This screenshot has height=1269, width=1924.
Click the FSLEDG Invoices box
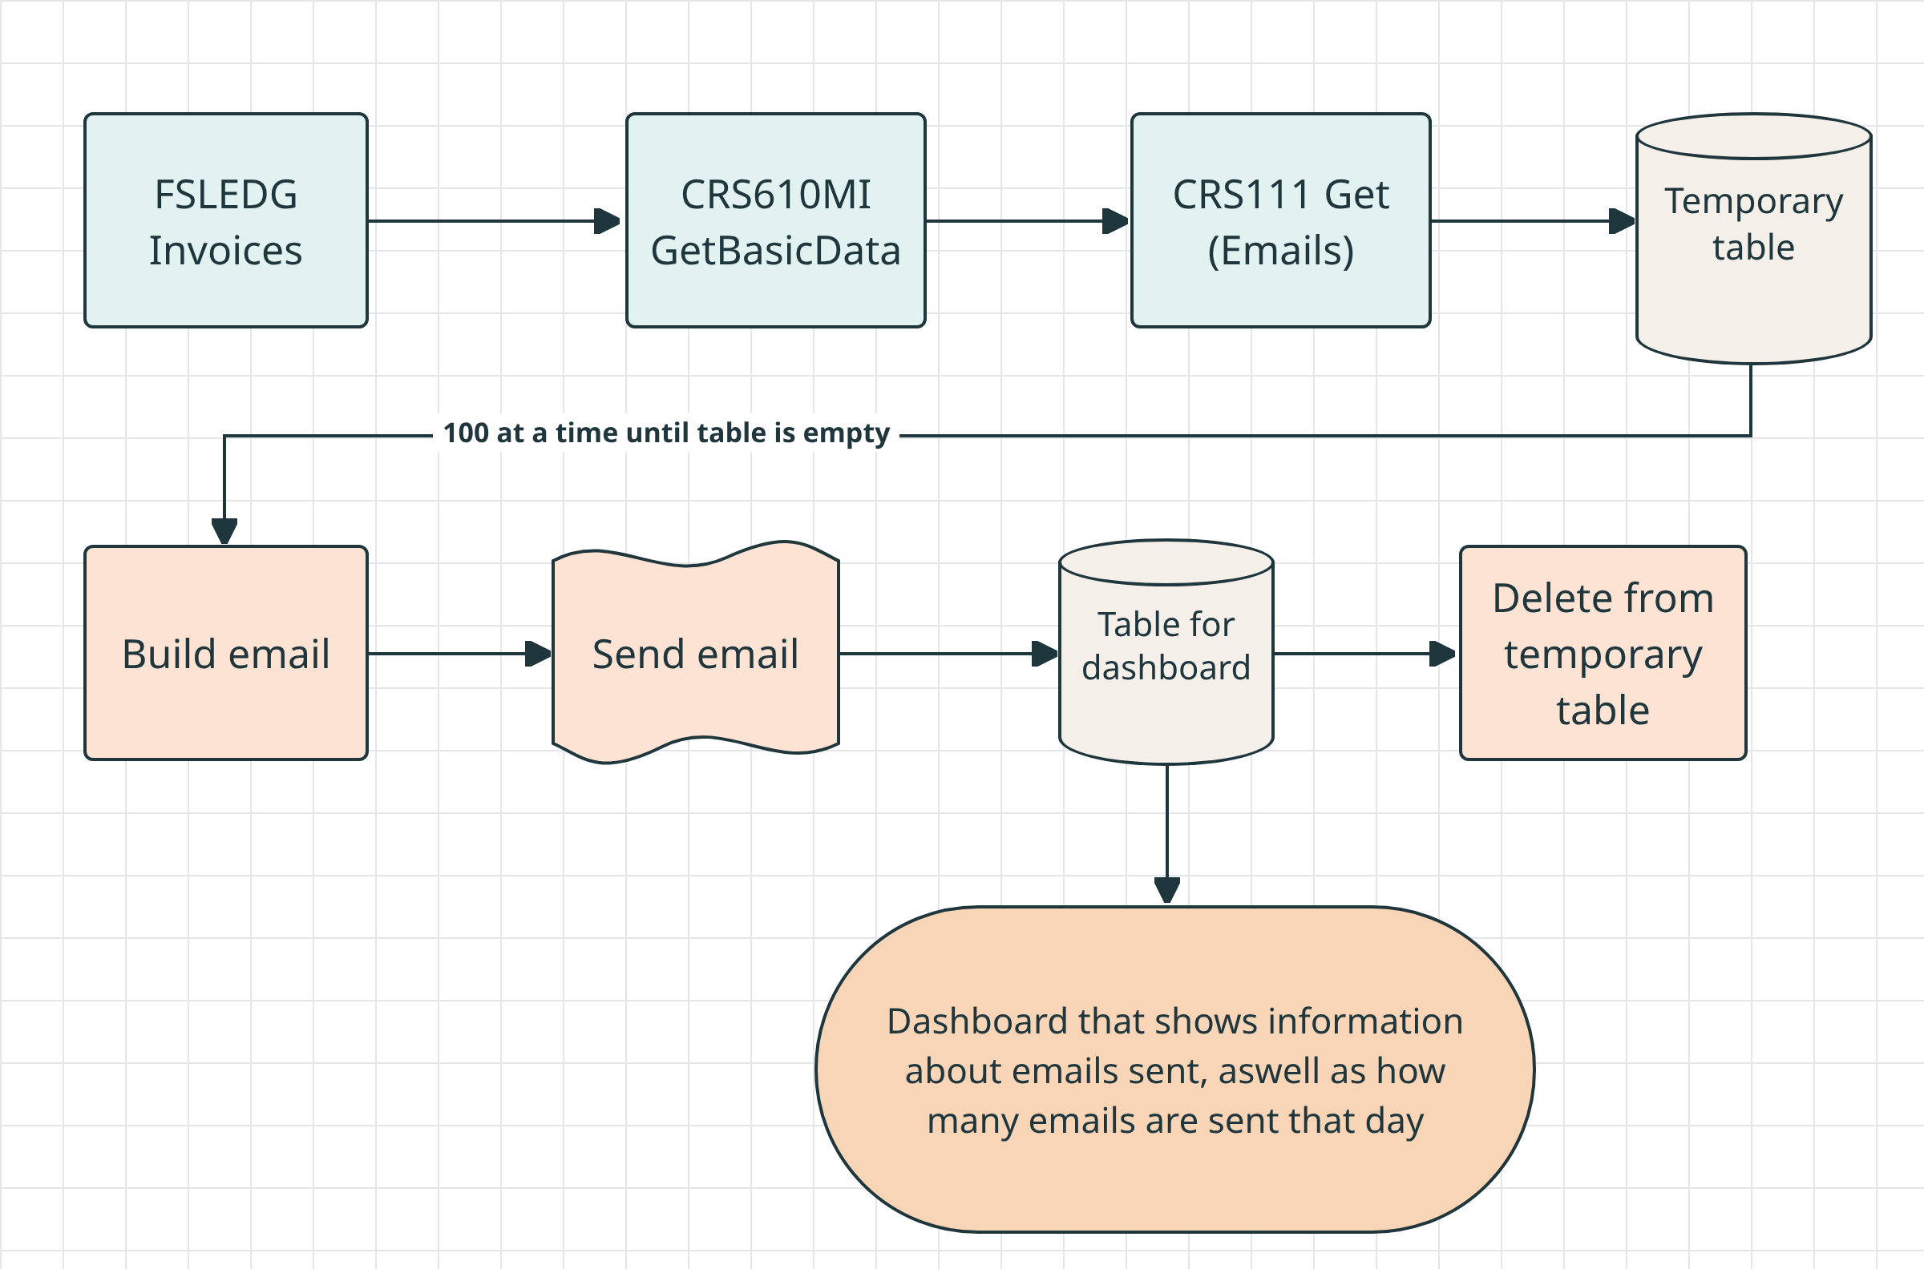[226, 220]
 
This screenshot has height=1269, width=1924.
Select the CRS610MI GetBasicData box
[776, 220]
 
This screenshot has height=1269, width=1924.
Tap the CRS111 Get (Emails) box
[1281, 220]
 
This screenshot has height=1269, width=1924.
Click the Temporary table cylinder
[1754, 239]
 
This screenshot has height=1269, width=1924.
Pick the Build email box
[226, 653]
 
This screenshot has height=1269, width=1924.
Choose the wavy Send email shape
[696, 652]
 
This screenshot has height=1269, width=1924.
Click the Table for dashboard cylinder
[1166, 652]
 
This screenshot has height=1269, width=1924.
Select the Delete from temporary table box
[1603, 653]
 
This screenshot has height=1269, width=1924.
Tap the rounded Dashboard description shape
[1175, 1069]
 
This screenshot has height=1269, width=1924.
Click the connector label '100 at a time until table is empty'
[666, 433]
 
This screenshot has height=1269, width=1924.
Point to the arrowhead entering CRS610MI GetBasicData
[608, 220]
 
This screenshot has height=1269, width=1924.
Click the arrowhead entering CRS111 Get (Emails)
[1116, 220]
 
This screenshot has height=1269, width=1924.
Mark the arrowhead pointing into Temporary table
[1623, 220]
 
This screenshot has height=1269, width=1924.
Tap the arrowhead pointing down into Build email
[224, 532]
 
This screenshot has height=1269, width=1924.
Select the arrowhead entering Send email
[539, 653]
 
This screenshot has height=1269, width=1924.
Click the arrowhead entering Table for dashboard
[1045, 653]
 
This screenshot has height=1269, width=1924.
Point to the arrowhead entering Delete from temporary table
[1443, 653]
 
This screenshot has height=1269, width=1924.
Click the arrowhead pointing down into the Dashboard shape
[1167, 891]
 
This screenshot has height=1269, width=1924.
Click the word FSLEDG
[226, 195]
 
